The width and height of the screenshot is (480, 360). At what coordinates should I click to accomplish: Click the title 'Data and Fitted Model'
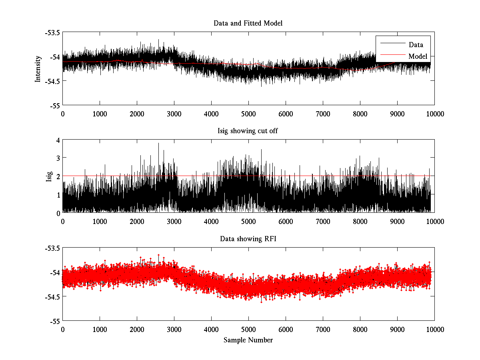tap(248, 23)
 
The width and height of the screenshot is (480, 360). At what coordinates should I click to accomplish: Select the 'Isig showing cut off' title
tap(248, 131)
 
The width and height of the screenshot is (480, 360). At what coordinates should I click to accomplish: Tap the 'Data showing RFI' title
tap(248, 239)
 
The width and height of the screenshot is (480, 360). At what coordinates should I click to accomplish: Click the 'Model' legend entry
tap(418, 56)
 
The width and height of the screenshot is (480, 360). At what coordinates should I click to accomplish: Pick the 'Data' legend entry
tap(416, 45)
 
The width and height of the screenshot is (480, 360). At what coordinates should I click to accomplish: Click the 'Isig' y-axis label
tap(49, 176)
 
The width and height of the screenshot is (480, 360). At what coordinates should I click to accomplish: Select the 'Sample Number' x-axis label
tap(248, 340)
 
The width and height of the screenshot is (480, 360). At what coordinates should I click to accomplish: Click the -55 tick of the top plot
tap(56, 105)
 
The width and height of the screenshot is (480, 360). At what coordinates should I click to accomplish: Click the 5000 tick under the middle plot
tap(248, 221)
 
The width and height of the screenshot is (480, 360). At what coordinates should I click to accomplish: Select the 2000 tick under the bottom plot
tap(137, 329)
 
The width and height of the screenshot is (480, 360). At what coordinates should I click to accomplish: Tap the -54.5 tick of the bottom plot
tap(52, 297)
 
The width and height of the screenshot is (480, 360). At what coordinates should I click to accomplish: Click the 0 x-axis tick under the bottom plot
tap(63, 329)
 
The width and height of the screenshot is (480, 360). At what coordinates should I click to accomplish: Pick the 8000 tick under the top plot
tap(360, 114)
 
